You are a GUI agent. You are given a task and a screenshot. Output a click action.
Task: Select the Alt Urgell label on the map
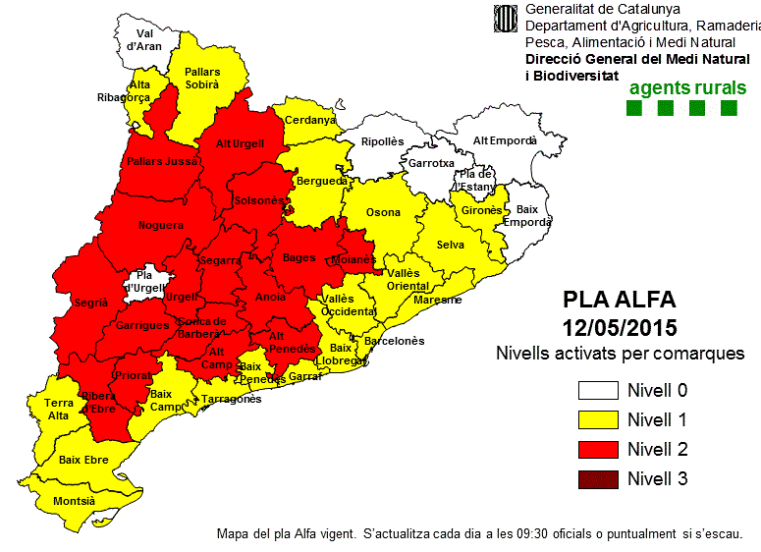(240, 143)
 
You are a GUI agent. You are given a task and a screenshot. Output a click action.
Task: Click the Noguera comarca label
(161, 225)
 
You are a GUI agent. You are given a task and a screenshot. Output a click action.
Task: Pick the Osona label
(383, 212)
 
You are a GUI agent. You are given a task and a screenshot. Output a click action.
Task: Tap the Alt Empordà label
(505, 140)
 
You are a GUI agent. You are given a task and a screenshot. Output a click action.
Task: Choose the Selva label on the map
(451, 245)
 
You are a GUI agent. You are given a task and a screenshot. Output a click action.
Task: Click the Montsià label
(74, 501)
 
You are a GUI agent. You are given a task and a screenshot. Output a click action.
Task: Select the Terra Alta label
(59, 410)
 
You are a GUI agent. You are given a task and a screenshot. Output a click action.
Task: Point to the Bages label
(299, 257)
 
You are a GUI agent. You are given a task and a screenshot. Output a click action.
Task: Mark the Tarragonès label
(232, 400)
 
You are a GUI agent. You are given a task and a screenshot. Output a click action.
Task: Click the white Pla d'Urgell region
(146, 282)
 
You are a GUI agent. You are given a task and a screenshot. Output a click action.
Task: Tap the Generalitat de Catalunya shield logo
(506, 21)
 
